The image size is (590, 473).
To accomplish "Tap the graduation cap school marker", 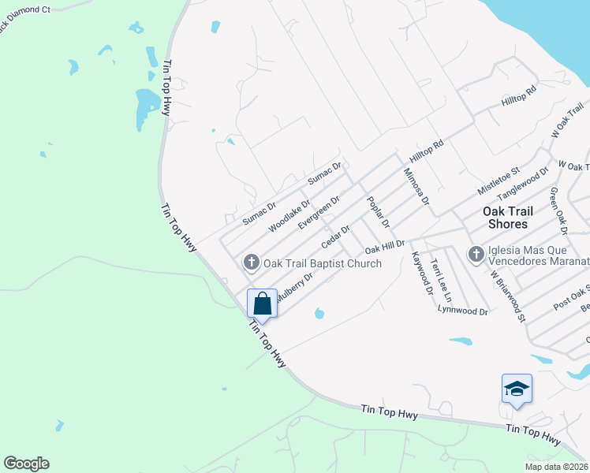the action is pyautogui.click(x=517, y=389).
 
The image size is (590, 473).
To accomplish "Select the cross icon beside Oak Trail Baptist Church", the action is pyautogui.click(x=252, y=263).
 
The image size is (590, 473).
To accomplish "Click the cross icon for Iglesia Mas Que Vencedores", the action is pyautogui.click(x=476, y=255).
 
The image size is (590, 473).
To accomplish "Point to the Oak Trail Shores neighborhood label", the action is pyautogui.click(x=509, y=218).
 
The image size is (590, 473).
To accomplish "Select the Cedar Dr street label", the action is pyautogui.click(x=335, y=234).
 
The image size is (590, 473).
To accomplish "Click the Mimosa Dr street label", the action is pyautogui.click(x=416, y=187).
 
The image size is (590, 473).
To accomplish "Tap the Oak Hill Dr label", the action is pyautogui.click(x=385, y=248).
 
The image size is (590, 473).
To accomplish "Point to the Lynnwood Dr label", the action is pyautogui.click(x=463, y=311).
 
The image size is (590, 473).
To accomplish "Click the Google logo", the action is pyautogui.click(x=26, y=464).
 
